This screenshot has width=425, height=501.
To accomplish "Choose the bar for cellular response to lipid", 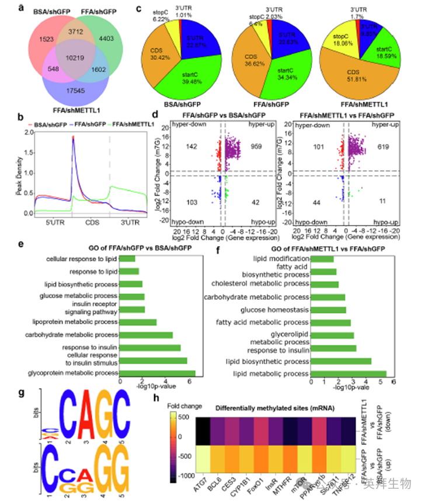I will click(127, 258).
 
